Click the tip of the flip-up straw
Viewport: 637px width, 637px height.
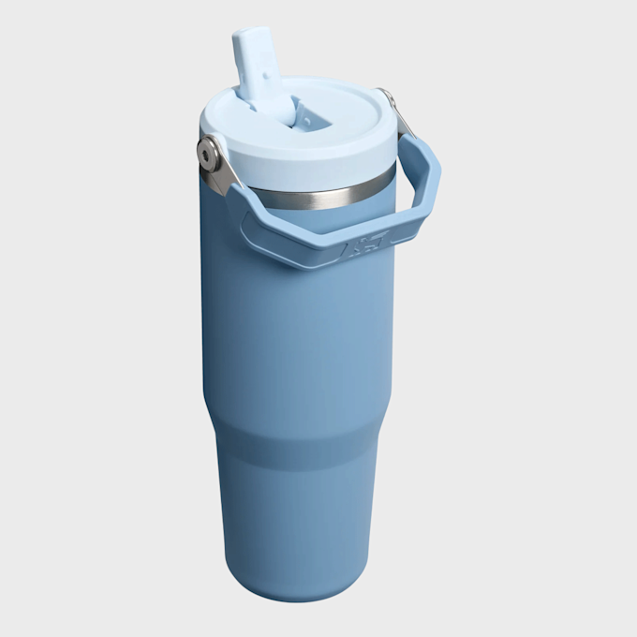click(250, 38)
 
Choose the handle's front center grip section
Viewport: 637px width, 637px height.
click(309, 238)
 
